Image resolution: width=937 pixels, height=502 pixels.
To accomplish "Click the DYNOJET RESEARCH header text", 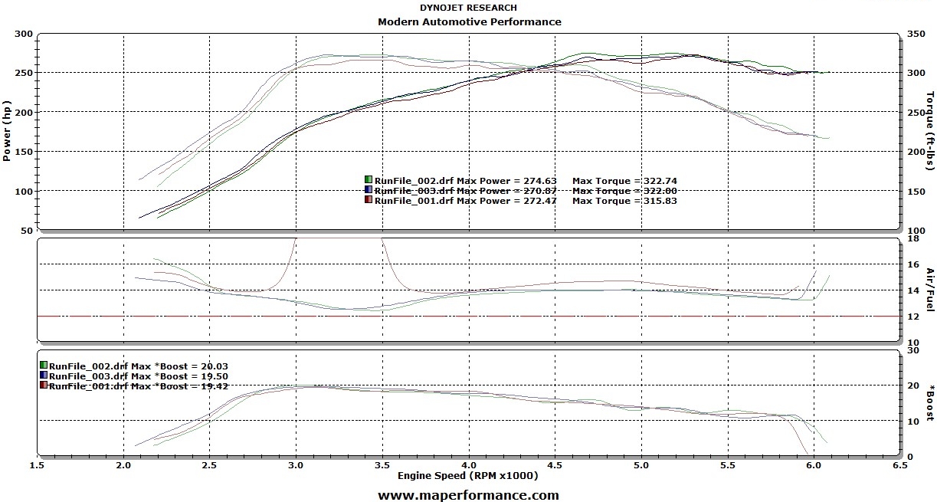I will [468, 8].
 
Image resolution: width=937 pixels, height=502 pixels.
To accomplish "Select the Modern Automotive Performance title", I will [469, 21].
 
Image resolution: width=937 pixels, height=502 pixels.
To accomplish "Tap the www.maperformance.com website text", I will [468, 495].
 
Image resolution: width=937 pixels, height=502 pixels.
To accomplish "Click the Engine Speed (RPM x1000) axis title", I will [467, 476].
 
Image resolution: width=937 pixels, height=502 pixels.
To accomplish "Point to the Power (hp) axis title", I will [7, 131].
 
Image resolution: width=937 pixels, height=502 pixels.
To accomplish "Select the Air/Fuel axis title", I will [930, 290].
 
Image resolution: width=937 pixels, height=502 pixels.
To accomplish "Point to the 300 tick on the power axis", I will [23, 34].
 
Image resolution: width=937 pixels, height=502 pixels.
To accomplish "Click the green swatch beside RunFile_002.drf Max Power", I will [369, 181].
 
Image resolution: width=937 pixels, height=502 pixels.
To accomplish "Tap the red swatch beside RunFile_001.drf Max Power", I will [369, 201].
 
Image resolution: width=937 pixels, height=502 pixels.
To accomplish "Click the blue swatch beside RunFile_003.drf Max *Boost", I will [44, 376].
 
